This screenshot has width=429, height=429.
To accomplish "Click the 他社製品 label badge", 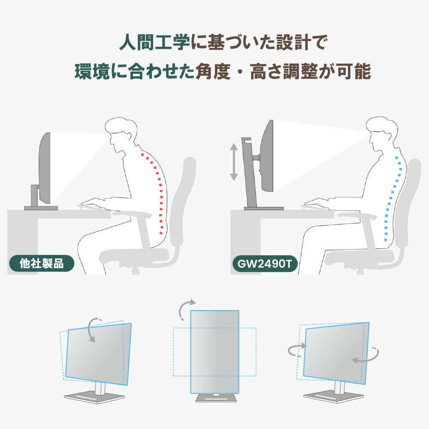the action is pyautogui.click(x=42, y=263).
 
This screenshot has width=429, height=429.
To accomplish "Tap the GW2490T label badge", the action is pyautogui.click(x=265, y=264).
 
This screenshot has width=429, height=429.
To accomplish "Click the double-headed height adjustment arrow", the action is pyautogui.click(x=233, y=162).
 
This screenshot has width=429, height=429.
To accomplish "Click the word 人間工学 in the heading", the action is pyautogui.click(x=154, y=42).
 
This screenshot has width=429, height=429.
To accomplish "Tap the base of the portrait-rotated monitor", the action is pyautogui.click(x=216, y=398).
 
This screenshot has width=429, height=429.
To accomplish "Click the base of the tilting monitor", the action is pyautogui.click(x=94, y=397).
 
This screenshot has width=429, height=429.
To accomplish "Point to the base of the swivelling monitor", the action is pyautogui.click(x=333, y=396).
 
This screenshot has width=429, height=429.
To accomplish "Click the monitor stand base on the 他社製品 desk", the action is pyautogui.click(x=41, y=208).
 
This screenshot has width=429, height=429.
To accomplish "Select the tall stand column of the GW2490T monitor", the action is pyautogui.click(x=250, y=172).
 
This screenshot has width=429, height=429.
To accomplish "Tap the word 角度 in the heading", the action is pyautogui.click(x=213, y=71).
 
